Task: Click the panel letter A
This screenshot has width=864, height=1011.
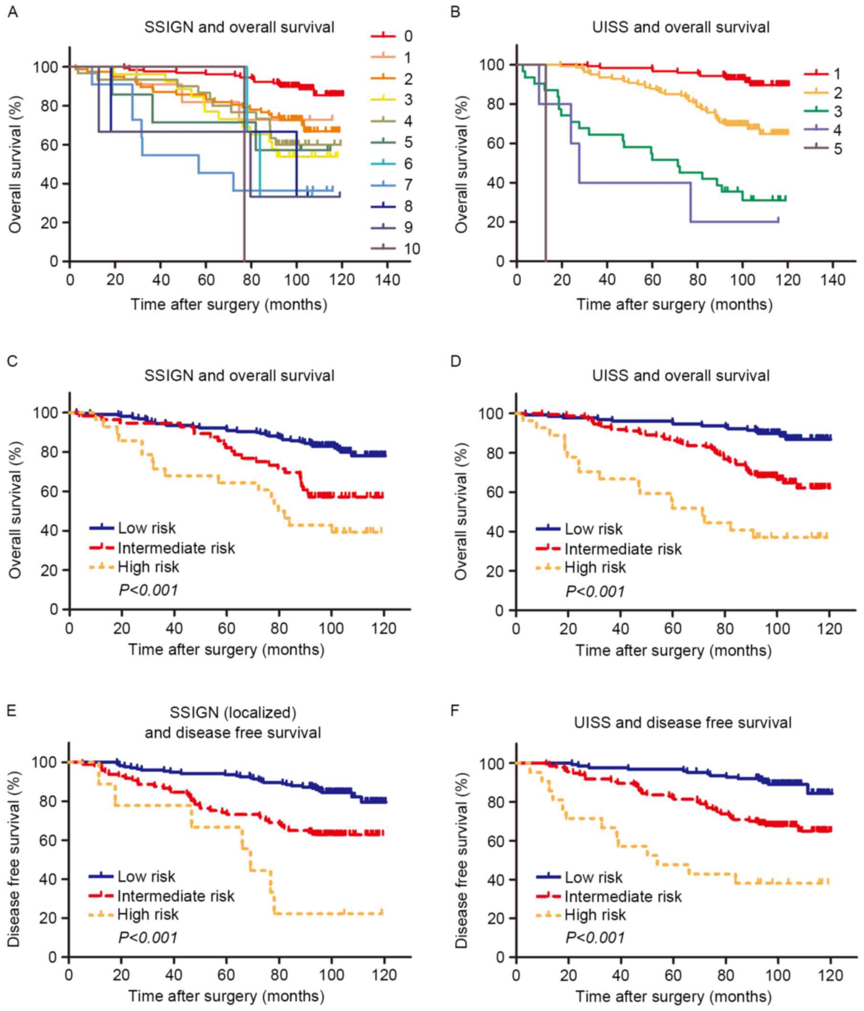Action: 13,11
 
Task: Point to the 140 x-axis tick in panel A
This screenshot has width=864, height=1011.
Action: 388,280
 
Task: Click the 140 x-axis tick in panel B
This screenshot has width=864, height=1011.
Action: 833,280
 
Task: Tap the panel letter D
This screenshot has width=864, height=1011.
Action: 456,361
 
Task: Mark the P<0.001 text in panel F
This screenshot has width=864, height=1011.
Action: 595,937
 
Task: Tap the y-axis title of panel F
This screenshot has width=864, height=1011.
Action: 462,860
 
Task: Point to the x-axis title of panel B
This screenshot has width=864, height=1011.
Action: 674,304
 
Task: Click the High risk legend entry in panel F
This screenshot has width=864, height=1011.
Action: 594,915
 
